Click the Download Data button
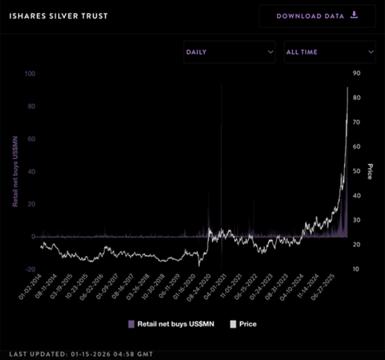click(317, 16)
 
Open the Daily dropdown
click(229, 52)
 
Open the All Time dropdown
click(329, 52)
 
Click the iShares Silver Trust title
click(58, 15)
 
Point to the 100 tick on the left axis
click(30, 73)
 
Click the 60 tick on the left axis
click(31, 139)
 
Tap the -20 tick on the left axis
click(30, 269)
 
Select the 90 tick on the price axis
click(357, 73)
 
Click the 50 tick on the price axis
click(357, 171)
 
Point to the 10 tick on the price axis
click(357, 269)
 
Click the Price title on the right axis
click(370, 171)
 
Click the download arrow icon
click(354, 15)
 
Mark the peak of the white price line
click(347, 88)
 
